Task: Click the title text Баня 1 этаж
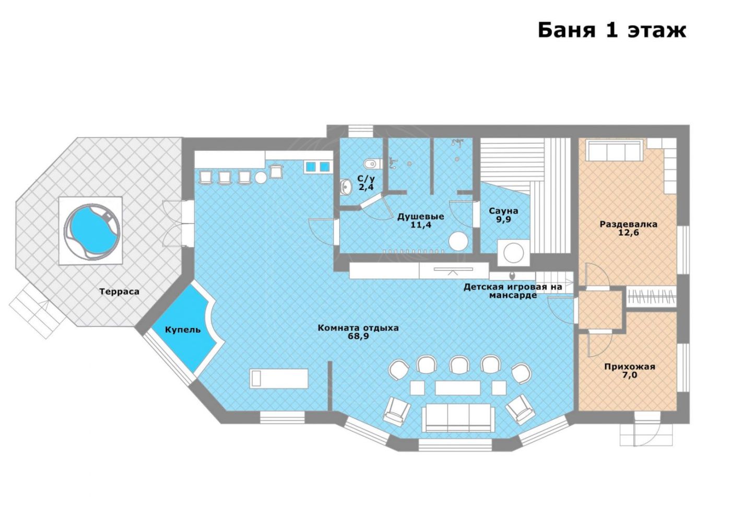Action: coord(612,31)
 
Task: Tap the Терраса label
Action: coord(119,291)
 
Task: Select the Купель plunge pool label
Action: coord(183,330)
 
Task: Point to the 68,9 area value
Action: coord(358,336)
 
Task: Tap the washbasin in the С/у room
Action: coord(345,187)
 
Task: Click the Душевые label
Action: coord(421,216)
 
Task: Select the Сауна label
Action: coord(503,211)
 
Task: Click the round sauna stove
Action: coord(513,252)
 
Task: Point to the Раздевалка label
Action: coord(629,224)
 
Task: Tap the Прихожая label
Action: coord(630,367)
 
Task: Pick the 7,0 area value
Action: coord(630,375)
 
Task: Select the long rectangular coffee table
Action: coord(457,387)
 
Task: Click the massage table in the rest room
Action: coord(279,378)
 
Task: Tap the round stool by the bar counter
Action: coord(261,178)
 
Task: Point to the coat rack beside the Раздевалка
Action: coord(652,297)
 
